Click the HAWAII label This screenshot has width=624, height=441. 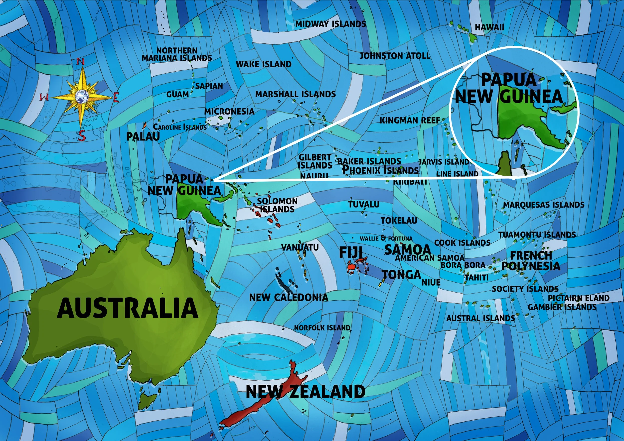(x=489, y=27)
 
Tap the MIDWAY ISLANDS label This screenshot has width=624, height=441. (x=330, y=24)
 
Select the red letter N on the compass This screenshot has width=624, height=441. (x=80, y=62)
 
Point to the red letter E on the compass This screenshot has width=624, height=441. (x=116, y=97)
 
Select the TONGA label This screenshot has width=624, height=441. (x=401, y=275)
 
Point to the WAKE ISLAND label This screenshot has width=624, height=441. (x=263, y=64)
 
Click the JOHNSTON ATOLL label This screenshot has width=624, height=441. (x=395, y=56)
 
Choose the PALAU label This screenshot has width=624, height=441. (x=143, y=136)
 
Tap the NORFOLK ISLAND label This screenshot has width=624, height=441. (x=322, y=328)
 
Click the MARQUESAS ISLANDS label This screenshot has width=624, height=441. (x=544, y=205)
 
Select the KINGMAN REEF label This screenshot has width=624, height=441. (x=410, y=120)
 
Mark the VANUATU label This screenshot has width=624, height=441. (x=296, y=247)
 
